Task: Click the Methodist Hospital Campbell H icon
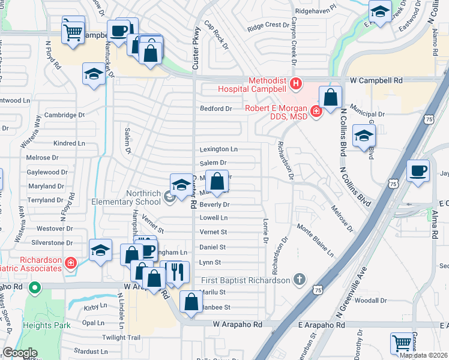pyautogui.click(x=295, y=83)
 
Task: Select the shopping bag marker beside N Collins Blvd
pyautogui.click(x=331, y=97)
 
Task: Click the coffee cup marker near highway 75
pyautogui.click(x=418, y=171)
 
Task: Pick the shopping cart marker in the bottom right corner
pyautogui.click(x=402, y=344)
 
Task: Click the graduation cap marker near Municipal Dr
pyautogui.click(x=364, y=137)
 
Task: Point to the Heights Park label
pyautogui.click(x=43, y=325)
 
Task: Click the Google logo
pyautogui.click(x=20, y=353)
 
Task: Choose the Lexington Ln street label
pyautogui.click(x=218, y=149)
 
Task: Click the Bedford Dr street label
pyautogui.click(x=215, y=109)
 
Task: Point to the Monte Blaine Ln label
pyautogui.click(x=315, y=241)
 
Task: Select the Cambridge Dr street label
pyautogui.click(x=65, y=115)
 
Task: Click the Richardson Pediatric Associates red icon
pyautogui.click(x=71, y=263)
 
